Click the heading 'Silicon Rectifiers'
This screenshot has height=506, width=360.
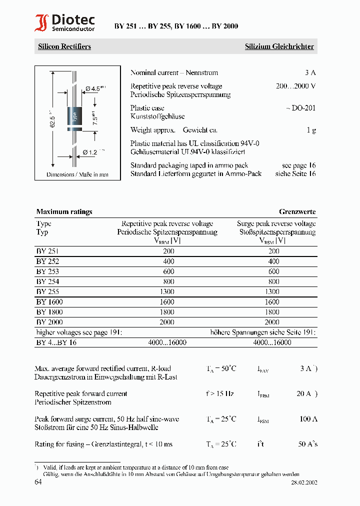64,46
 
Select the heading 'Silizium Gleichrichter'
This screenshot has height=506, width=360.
279,46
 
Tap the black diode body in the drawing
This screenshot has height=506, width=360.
75,118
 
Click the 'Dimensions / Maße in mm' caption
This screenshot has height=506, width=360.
77,174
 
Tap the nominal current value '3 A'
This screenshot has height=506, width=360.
310,72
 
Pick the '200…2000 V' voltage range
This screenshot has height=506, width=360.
295,86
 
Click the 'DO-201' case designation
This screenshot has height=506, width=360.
301,107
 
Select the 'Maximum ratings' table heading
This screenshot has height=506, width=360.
64,211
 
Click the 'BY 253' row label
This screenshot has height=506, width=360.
47,271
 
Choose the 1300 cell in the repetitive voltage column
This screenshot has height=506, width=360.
168,291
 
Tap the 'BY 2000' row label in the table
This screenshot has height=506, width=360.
49,322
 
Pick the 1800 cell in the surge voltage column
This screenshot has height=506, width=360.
272,312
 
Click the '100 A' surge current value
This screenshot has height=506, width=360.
308,419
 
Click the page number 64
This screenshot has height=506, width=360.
38,482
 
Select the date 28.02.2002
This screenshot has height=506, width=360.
304,483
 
